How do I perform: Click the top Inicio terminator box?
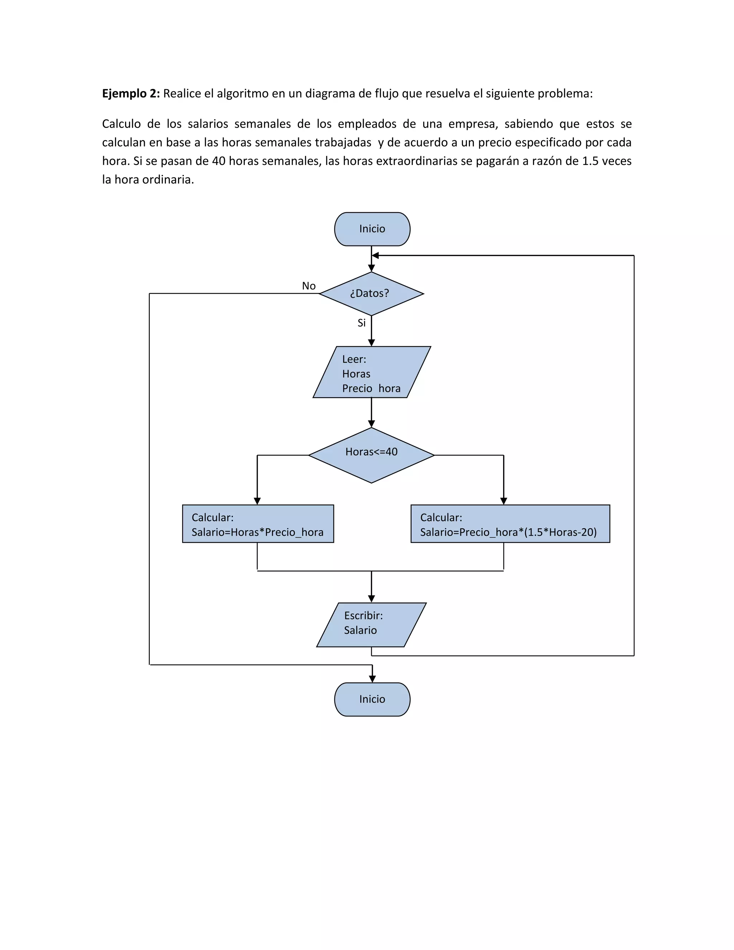click(372, 229)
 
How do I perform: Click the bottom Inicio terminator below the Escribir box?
click(372, 699)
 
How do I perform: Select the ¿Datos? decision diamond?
click(371, 294)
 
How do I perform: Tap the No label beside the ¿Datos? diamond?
click(309, 286)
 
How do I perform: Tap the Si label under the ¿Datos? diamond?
click(361, 323)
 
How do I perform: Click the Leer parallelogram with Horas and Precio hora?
click(371, 372)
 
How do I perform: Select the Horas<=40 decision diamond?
click(371, 455)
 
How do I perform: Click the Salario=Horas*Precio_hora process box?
click(258, 524)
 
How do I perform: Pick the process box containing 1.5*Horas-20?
click(510, 524)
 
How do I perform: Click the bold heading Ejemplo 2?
click(131, 94)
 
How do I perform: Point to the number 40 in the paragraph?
click(218, 161)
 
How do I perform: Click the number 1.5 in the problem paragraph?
click(590, 161)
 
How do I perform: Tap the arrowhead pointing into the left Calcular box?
click(257, 501)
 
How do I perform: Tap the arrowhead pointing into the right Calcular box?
click(504, 501)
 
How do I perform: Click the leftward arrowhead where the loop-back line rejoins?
click(375, 255)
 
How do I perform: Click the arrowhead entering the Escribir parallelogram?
click(371, 599)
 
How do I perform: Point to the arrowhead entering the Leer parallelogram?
click(371, 343)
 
